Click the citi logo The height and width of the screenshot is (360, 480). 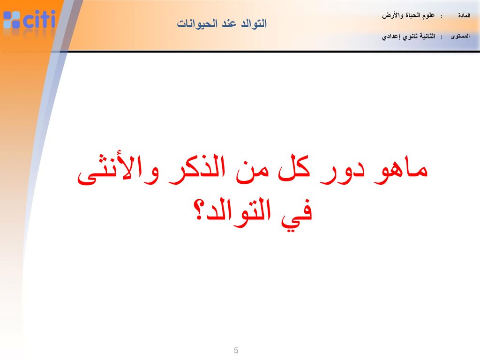(x=30, y=20)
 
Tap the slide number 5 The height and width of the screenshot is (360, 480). (x=236, y=351)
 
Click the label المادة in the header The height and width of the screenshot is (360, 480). (x=464, y=15)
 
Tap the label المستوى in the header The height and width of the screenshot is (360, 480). (x=460, y=37)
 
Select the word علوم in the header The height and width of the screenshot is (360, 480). (x=427, y=15)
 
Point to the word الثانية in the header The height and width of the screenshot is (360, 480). (x=427, y=37)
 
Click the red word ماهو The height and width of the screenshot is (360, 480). (x=401, y=170)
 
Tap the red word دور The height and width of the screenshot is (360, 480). (x=343, y=172)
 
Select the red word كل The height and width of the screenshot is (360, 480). (x=294, y=168)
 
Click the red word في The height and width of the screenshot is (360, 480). (x=297, y=214)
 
